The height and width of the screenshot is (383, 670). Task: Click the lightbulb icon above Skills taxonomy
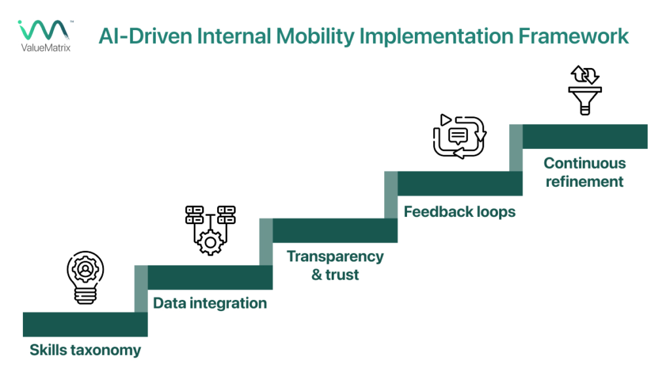click(x=85, y=278)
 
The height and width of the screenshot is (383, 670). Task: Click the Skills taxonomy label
click(x=85, y=350)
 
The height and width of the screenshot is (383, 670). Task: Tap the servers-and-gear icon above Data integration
click(x=210, y=229)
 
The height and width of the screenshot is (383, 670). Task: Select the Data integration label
click(x=210, y=303)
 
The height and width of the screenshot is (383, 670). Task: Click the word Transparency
click(x=335, y=256)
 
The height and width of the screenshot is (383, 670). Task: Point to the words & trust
click(x=335, y=275)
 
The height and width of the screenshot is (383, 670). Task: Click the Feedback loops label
click(x=459, y=212)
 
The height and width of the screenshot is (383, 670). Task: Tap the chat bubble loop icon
click(x=459, y=136)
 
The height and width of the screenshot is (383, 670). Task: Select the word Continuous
click(x=584, y=163)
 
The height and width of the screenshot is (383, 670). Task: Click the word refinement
click(x=584, y=181)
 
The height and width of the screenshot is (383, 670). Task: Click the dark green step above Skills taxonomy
click(x=85, y=324)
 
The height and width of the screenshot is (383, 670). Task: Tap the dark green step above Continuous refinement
click(x=584, y=136)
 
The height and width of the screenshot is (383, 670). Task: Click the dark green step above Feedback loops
click(x=459, y=184)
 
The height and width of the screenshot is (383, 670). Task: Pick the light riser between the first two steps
click(x=141, y=289)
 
